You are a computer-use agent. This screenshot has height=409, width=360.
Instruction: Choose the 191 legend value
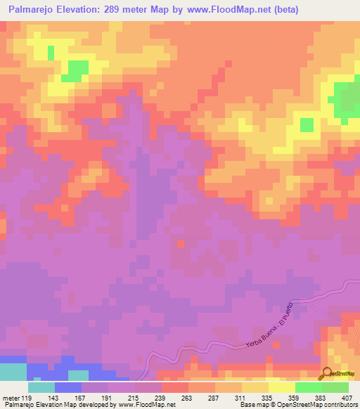[x=108, y=397]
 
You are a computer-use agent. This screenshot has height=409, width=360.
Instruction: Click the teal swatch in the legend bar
[x=41, y=387]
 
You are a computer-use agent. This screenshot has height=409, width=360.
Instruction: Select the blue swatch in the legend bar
[x=68, y=387]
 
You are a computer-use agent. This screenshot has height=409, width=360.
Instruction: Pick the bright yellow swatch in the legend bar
[x=281, y=387]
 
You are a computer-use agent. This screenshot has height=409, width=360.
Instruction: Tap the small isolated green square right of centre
[x=307, y=124]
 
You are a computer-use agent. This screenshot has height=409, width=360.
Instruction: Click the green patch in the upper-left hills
[x=75, y=70]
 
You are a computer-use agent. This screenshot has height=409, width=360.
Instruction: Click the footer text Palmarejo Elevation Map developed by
[x=49, y=405]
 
